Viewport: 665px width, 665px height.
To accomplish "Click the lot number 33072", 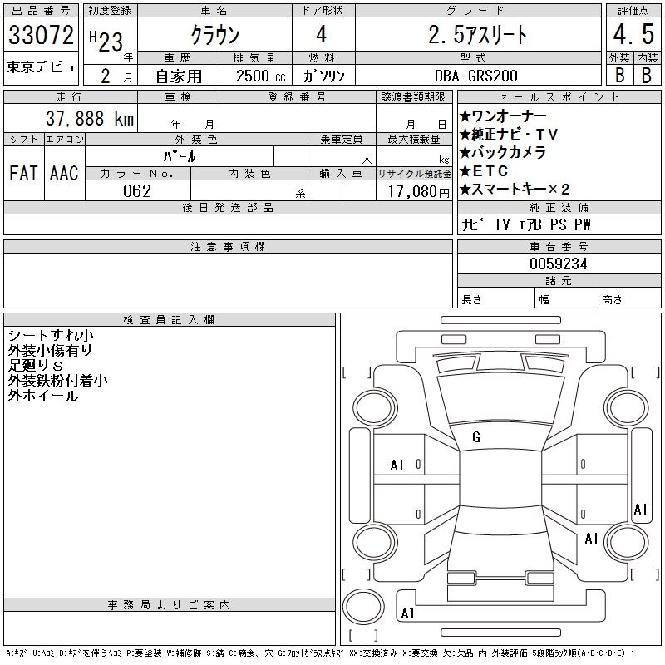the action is click(41, 35).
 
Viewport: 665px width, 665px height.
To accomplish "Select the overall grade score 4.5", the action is click(633, 34).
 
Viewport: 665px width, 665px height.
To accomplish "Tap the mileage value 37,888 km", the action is click(90, 118).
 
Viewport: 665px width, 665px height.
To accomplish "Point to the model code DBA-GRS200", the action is click(475, 76).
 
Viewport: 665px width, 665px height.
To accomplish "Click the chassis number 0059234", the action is click(558, 264).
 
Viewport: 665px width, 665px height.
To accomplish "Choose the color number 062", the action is click(137, 191).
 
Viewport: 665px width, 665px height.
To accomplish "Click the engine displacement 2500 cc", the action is click(260, 76).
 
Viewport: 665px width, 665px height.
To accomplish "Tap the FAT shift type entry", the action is click(23, 173).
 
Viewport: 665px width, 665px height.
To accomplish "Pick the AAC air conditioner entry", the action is click(64, 173).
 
